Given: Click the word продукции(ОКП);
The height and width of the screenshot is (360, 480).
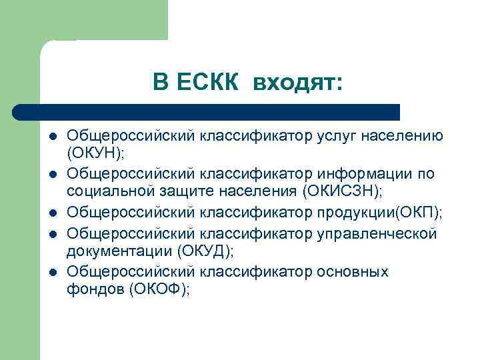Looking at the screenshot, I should click(x=382, y=212).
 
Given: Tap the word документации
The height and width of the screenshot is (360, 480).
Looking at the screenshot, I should click(x=119, y=251).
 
